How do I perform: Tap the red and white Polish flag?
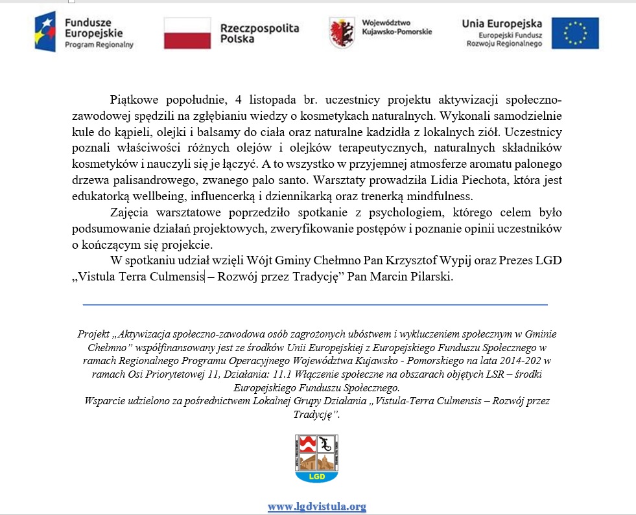coord(187,33)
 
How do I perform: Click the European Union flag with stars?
coord(575,34)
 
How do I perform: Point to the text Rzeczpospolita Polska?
coord(260,34)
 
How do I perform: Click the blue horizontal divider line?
coord(315,304)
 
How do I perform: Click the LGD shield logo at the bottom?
coord(317,458)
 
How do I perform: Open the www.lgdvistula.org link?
coord(317,507)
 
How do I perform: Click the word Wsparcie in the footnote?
coord(105,401)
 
